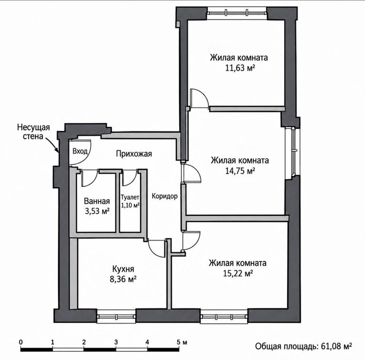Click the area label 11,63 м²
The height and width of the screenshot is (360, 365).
pos(240,68)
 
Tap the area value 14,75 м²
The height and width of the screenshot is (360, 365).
pos(240,171)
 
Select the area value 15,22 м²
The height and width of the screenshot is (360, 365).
pos(238,273)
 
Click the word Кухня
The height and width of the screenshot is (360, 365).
pos(123,269)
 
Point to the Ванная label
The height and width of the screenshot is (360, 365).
pos(97,201)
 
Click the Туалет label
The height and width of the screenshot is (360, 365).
pos(130,197)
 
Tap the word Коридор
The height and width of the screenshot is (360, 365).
pos(164,196)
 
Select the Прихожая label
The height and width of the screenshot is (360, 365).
pos(134,153)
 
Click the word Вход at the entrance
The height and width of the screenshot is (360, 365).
pos(80,151)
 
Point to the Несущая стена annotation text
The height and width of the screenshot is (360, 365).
pos(34,132)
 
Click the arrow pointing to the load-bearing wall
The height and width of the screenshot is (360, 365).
pos(53,145)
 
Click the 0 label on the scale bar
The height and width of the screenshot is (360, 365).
pos(21,342)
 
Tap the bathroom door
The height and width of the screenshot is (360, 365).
pos(89,178)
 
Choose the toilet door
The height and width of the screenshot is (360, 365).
pos(129,178)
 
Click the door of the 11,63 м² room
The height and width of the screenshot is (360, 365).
pos(198,98)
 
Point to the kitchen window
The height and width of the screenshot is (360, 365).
pos(116,316)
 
